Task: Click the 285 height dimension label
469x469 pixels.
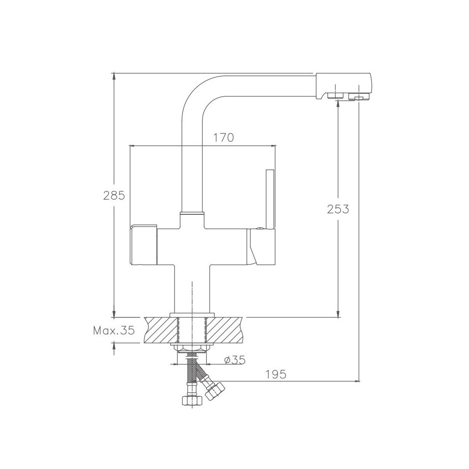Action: [x=114, y=196]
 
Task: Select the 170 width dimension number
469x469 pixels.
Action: [x=223, y=137]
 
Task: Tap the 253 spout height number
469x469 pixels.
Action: [x=338, y=209]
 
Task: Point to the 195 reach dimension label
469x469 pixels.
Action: [x=276, y=374]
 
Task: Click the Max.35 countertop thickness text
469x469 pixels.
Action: [x=114, y=330]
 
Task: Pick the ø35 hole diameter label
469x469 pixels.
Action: [x=235, y=360]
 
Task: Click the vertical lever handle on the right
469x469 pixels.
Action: [x=270, y=199]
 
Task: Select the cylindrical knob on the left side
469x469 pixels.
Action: [x=144, y=244]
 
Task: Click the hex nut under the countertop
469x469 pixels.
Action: [x=191, y=348]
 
